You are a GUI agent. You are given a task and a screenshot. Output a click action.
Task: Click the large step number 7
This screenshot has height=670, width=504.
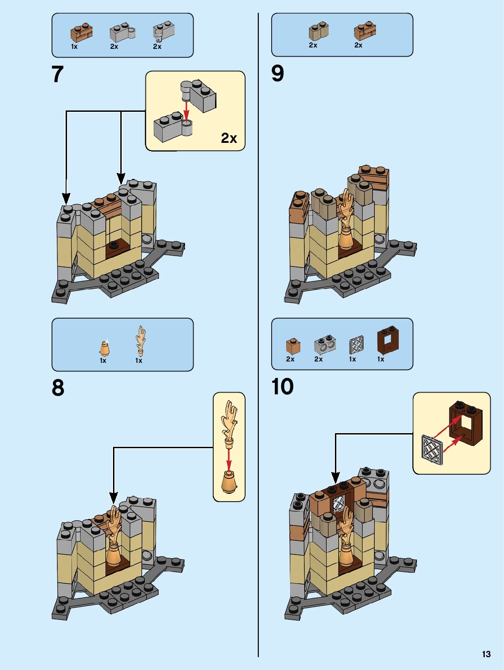click(57, 74)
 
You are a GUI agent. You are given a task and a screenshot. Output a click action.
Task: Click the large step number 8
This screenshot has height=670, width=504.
click(58, 387)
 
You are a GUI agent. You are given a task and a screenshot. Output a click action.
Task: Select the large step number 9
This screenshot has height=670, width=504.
click(278, 73)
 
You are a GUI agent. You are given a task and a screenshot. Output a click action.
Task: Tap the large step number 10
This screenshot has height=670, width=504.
click(282, 387)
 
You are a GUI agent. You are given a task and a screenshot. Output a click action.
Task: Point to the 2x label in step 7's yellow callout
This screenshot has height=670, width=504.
click(229, 138)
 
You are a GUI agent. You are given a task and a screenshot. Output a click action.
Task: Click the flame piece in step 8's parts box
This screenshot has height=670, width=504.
click(140, 340)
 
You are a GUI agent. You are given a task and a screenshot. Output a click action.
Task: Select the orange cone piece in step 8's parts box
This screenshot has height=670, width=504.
click(105, 348)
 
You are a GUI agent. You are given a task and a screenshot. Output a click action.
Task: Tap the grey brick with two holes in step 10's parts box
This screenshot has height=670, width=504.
click(325, 344)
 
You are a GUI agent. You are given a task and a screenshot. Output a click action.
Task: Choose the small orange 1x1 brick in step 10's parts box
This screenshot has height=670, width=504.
click(293, 346)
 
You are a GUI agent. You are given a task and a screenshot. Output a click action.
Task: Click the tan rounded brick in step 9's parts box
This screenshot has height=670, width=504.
click(319, 31)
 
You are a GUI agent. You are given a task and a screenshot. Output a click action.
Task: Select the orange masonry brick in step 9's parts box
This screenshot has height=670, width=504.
click(365, 31)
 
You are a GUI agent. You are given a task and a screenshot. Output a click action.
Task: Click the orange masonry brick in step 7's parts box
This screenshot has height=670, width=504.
click(82, 32)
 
